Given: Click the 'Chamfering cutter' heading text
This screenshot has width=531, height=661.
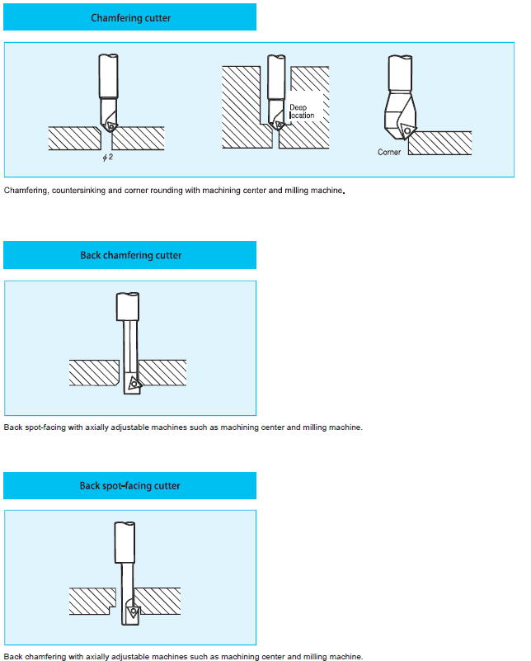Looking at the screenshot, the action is point(131,18).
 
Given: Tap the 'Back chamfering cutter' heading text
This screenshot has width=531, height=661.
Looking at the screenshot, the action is point(131,256).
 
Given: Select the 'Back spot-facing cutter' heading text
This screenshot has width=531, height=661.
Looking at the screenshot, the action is point(130,486).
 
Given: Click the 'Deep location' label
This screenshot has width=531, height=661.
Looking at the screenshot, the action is point(302,111).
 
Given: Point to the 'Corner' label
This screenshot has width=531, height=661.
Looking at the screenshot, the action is point(389,152).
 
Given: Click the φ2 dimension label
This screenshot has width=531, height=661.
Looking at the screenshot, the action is point(108,158).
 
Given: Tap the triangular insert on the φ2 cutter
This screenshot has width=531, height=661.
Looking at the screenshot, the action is point(111,125).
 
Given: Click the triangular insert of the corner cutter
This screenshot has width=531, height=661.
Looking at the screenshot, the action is point(407,131).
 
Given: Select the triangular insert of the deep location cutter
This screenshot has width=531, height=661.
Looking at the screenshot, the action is point(279,125).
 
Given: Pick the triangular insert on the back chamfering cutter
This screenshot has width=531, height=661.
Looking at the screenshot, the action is point(134,383).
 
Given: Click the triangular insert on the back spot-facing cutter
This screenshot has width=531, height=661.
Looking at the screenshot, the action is point(134,611).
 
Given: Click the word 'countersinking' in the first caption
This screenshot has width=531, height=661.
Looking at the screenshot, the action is point(79,191).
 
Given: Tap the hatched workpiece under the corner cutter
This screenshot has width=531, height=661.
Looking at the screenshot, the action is point(440,144).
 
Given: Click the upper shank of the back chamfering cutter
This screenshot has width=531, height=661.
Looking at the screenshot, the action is point(128,307).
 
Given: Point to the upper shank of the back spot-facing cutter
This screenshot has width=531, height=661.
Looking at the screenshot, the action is point(125,542).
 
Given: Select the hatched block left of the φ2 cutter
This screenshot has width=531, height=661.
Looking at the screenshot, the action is point(74,139).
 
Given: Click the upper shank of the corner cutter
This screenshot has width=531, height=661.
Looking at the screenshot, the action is point(400,73).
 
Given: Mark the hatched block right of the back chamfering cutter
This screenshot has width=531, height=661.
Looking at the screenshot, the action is point(162,373).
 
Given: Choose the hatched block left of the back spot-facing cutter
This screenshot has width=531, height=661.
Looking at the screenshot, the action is point(92,601).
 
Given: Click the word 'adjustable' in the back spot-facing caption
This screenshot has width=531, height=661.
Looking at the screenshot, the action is point(130,657).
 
